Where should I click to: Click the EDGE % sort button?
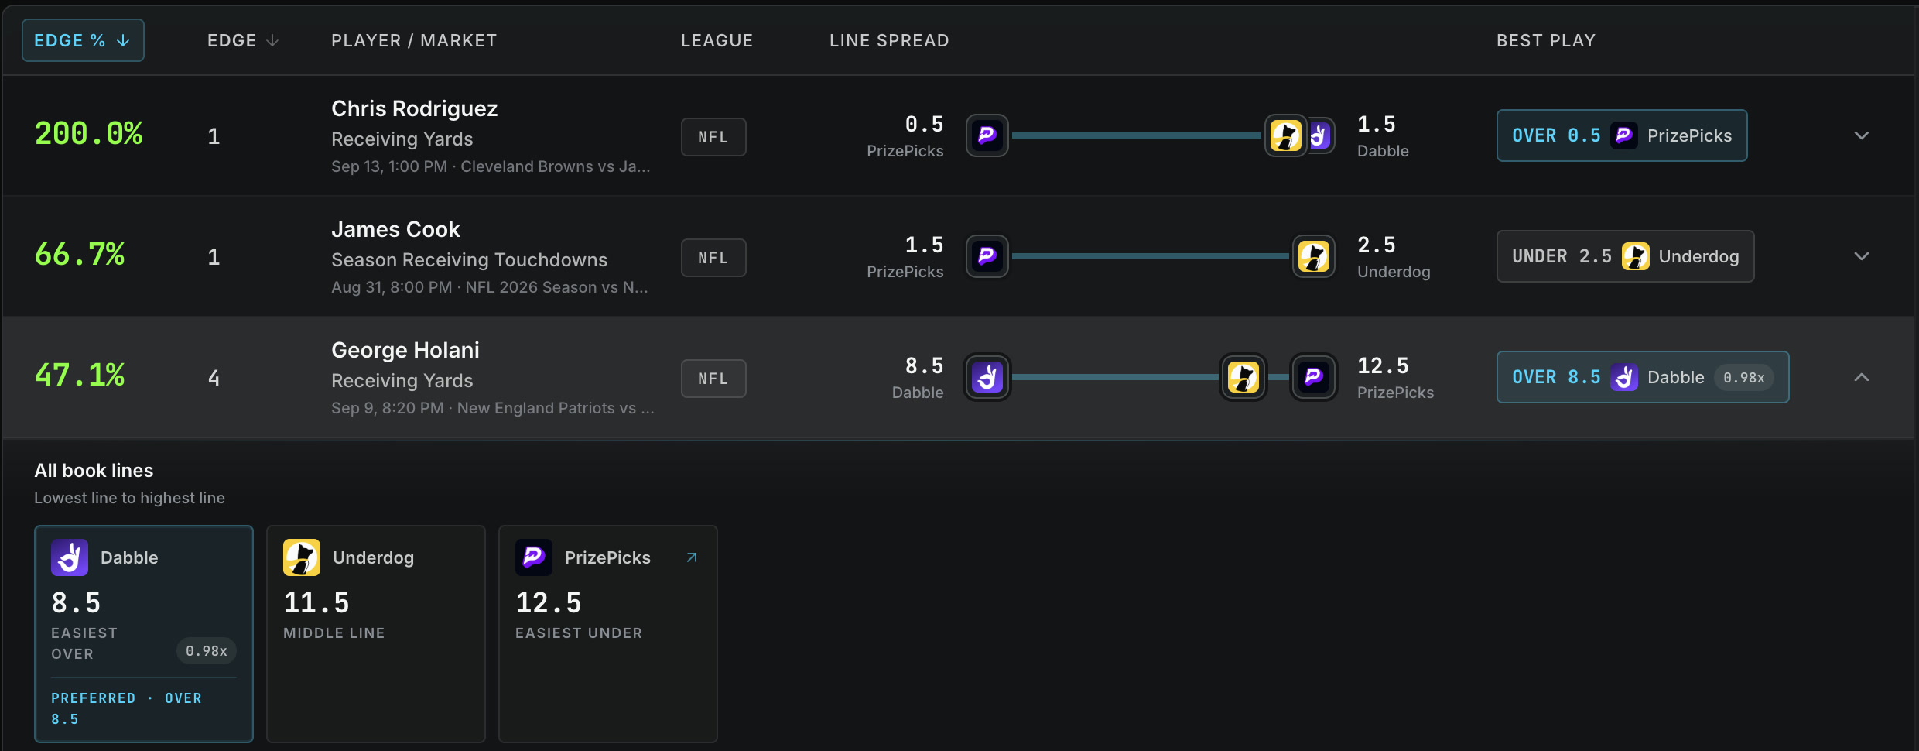coord(83,40)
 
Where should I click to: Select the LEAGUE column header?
coord(717,40)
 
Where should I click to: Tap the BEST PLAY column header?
coord(1546,40)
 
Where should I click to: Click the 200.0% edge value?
coord(89,134)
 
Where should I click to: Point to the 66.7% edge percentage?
coord(80,255)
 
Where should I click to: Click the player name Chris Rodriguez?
coord(415,108)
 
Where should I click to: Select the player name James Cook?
coord(395,229)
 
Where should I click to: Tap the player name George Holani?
coord(405,350)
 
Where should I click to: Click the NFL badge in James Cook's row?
coord(713,258)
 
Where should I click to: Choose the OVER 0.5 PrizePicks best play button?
coord(1622,135)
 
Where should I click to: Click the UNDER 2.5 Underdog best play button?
coord(1625,256)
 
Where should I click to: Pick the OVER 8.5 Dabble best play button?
coord(1643,377)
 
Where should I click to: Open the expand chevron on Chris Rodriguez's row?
coord(1862,135)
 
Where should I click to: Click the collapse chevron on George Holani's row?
coord(1862,377)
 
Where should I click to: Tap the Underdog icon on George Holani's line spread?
coord(1243,377)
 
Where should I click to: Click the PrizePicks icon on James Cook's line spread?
coord(987,256)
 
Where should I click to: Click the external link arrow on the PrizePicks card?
coord(692,557)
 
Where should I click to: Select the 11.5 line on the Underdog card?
coord(316,602)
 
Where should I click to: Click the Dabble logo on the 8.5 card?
coord(70,557)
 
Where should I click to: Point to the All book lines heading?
coord(94,471)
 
